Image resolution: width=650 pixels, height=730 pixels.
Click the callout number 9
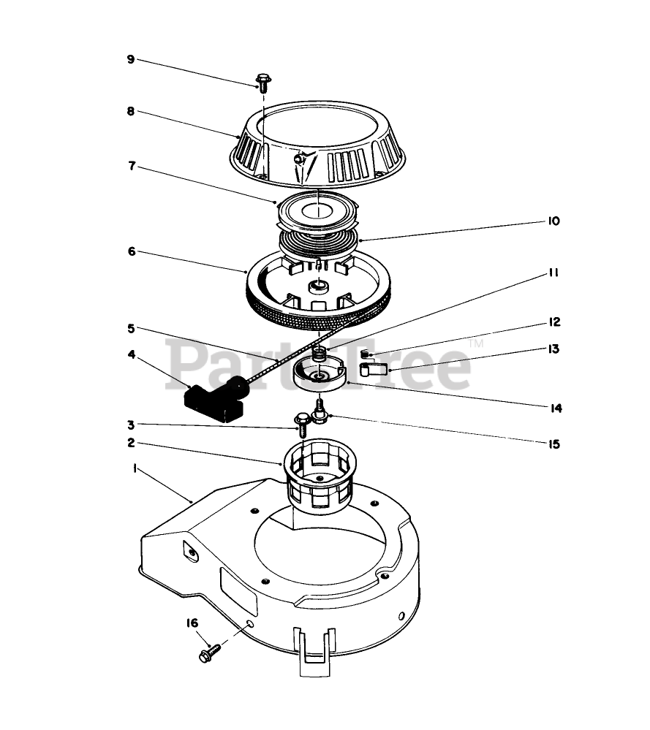point(130,59)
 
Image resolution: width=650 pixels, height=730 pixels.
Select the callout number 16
point(192,623)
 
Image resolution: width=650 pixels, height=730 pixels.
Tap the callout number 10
point(553,220)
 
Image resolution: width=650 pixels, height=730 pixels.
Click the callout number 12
point(553,322)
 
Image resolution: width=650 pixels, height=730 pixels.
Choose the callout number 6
point(131,251)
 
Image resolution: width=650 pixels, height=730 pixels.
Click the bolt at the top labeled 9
point(261,80)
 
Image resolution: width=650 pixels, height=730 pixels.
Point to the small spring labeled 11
point(318,354)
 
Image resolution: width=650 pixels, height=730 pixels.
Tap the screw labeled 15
point(320,412)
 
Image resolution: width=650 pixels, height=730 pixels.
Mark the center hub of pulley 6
point(319,286)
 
